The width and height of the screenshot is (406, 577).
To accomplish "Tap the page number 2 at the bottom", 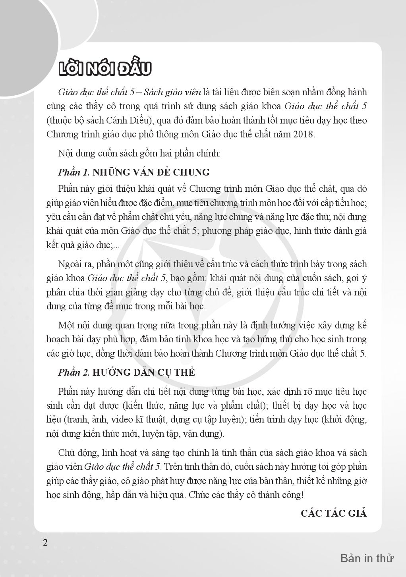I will [45, 542].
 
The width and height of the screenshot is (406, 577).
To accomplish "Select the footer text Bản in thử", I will [367, 558].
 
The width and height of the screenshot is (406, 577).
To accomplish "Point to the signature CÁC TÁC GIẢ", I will [334, 513].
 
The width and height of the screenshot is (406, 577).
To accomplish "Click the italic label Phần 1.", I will [74, 172].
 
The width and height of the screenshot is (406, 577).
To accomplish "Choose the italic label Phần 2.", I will [74, 372].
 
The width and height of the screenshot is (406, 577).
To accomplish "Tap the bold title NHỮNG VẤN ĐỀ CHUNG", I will [151, 172].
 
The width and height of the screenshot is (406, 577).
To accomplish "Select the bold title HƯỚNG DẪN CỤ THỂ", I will [144, 372].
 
